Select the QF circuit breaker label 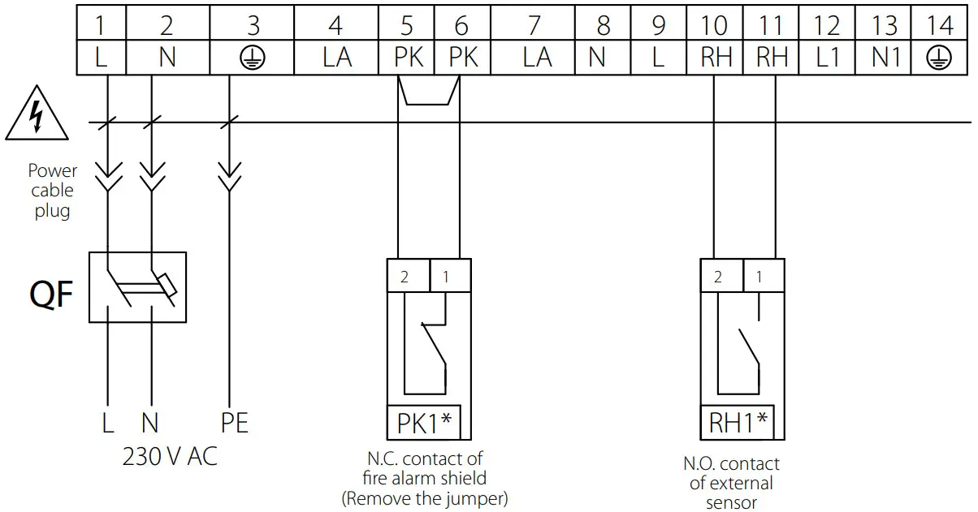pos(52,296)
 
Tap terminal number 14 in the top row pos(940,25)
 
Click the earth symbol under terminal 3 pos(253,58)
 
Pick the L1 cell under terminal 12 pos(827,58)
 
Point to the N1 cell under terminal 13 pos(884,58)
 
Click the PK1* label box pos(423,423)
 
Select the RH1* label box pos(738,423)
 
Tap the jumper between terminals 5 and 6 pos(429,93)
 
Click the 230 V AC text pos(170,457)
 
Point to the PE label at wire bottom pos(234,423)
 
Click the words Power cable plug pos(53,191)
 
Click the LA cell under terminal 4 pos(335,58)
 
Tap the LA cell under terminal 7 pos(533,58)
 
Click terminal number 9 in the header pos(659,25)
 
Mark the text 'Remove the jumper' pos(425,497)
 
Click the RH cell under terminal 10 pos(714,58)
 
